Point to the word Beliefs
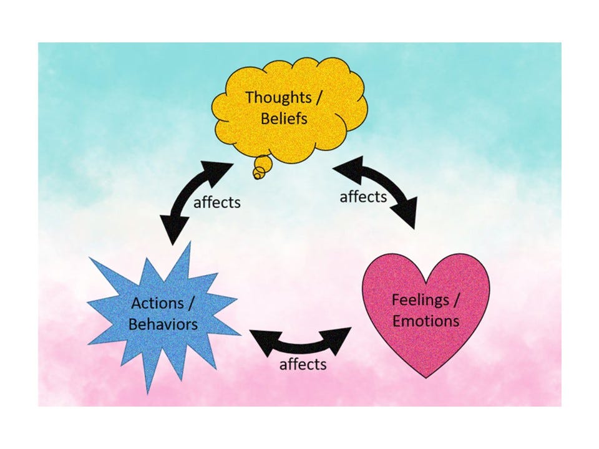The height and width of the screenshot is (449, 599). tap(284, 118)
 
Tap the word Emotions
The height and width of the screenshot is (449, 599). tap(426, 321)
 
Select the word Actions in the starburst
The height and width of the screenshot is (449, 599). tap(157, 303)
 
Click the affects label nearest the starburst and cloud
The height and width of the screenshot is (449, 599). tap(217, 203)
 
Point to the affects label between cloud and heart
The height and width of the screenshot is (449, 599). tap(363, 197)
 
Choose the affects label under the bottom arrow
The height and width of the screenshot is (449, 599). tap(303, 364)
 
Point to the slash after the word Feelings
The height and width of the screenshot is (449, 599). tap(457, 299)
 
